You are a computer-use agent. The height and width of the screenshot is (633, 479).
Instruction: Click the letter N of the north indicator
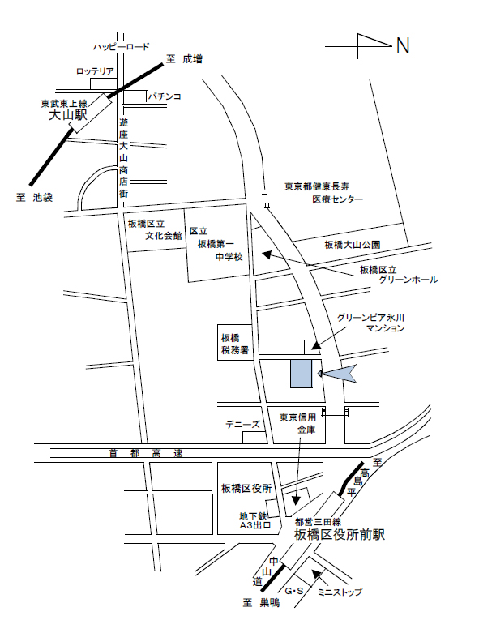403,46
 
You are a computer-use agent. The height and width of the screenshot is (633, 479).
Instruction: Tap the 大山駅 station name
68,116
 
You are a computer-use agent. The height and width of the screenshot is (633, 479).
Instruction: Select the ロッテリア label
95,72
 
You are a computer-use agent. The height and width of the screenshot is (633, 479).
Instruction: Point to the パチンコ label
164,96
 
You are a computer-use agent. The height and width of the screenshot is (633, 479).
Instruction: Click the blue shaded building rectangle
299,374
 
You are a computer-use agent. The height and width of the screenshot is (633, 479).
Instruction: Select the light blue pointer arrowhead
338,373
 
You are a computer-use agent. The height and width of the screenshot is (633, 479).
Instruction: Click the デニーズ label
243,425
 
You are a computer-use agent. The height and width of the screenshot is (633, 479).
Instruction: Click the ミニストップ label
340,592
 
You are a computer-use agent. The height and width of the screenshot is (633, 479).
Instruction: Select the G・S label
293,592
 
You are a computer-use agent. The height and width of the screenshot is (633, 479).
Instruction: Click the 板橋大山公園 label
353,244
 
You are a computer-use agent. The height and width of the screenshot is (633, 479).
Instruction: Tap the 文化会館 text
164,237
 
